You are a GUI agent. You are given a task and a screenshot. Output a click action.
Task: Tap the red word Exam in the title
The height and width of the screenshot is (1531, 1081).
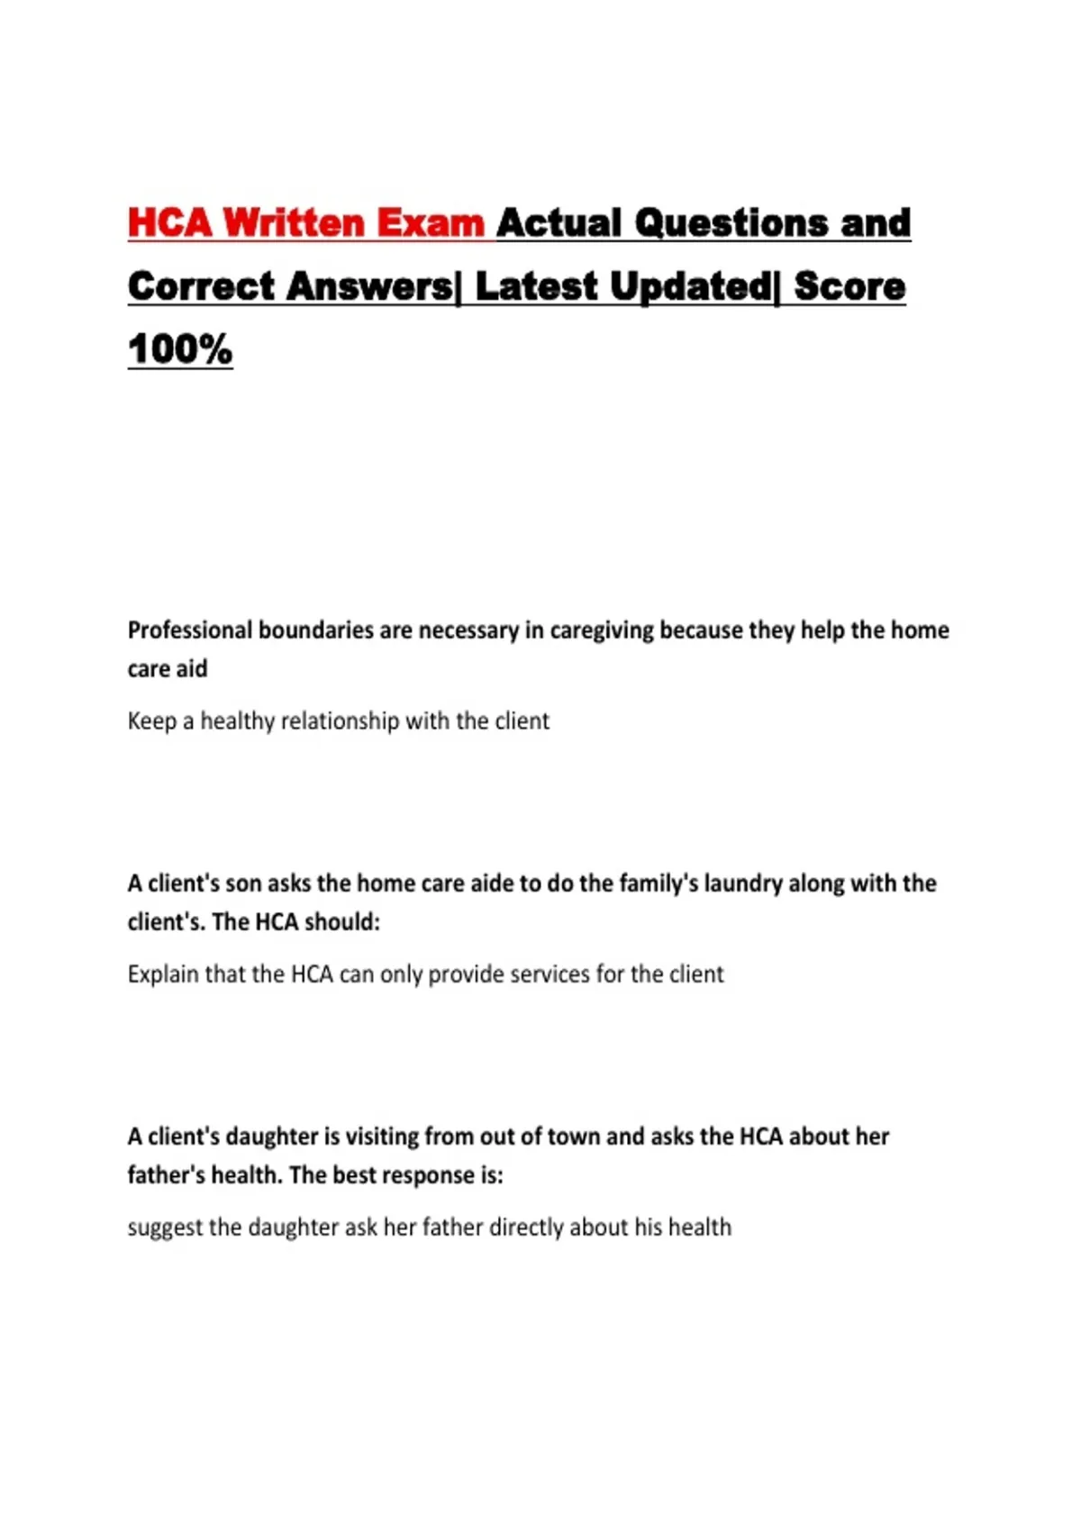(431, 223)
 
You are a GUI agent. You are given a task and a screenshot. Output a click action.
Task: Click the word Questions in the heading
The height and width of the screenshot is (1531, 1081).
(731, 223)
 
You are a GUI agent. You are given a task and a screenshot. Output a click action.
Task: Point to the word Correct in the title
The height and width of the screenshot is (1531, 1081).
(201, 286)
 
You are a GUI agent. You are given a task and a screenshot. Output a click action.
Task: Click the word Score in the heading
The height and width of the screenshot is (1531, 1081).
(849, 286)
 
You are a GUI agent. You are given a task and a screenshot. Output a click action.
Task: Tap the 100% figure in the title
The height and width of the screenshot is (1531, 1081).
(180, 349)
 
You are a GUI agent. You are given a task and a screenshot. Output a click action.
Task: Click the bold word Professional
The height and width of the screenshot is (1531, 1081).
(187, 630)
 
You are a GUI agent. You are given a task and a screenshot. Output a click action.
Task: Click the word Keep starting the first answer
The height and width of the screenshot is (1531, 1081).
(151, 721)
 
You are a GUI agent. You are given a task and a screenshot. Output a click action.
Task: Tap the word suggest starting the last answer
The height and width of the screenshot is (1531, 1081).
(165, 1228)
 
